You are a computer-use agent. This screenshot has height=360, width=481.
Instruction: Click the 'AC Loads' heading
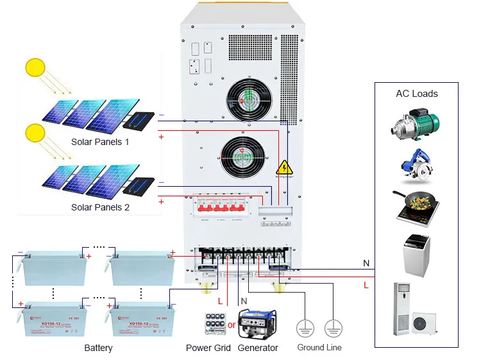click(x=416, y=94)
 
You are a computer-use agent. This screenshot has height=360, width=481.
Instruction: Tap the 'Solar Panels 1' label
click(x=100, y=142)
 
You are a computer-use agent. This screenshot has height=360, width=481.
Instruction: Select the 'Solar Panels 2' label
click(x=100, y=207)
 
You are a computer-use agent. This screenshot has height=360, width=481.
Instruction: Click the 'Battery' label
click(x=98, y=348)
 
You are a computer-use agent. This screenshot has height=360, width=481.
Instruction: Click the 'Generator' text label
click(x=258, y=348)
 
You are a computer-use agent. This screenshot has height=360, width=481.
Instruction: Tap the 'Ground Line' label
click(x=319, y=348)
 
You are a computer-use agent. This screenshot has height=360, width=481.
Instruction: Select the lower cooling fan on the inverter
click(x=242, y=157)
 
